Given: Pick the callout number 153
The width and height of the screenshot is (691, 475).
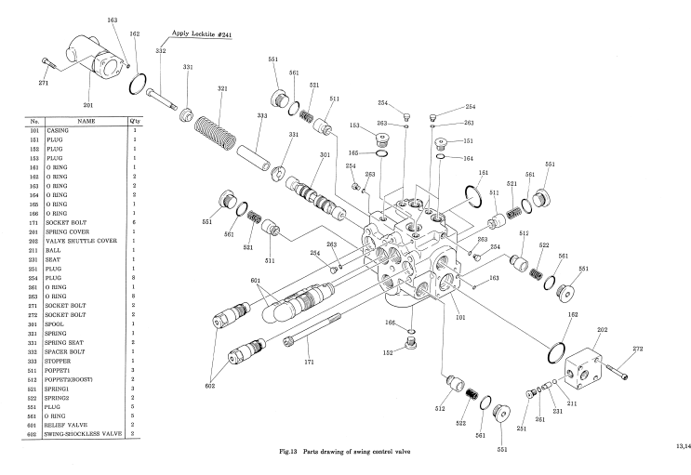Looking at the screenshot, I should pyautogui.click(x=354, y=125).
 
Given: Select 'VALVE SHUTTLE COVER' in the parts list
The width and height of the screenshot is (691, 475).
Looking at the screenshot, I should pyautogui.click(x=75, y=215).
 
